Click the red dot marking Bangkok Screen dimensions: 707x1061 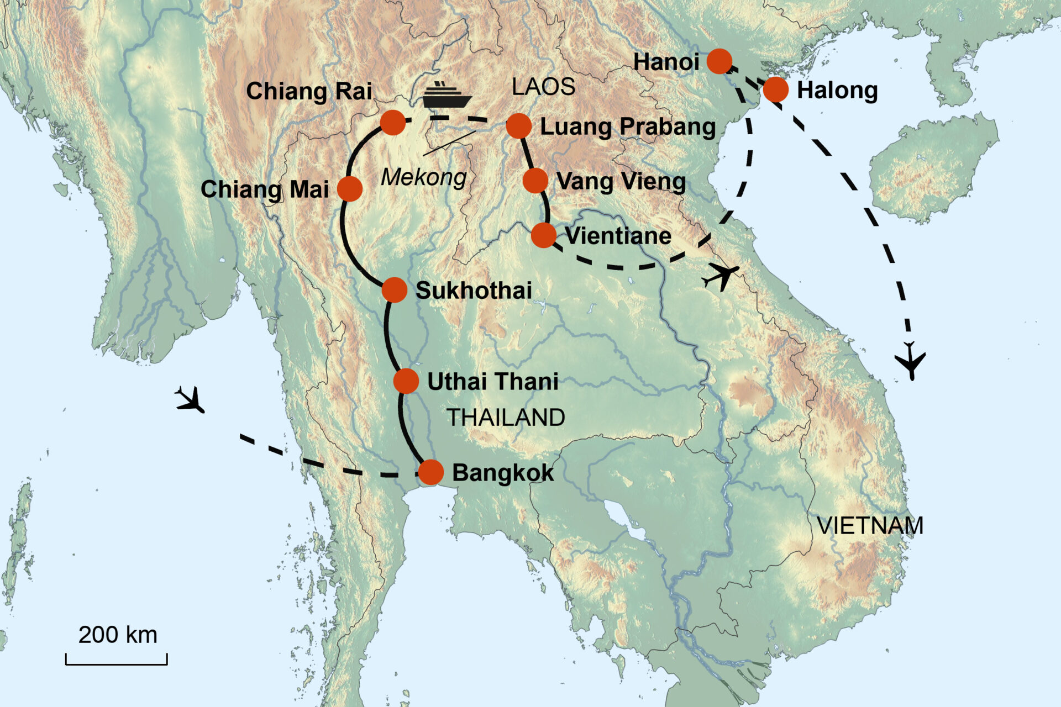coord(430,472)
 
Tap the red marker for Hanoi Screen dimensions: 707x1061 coord(719,61)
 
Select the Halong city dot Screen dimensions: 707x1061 coord(776,89)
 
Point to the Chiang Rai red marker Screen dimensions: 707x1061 coord(393,123)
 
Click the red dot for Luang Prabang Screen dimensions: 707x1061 coord(518,126)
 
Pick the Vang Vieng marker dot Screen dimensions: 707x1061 coord(535,181)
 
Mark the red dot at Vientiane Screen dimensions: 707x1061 coord(543,236)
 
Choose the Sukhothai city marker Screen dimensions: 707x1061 coord(394,290)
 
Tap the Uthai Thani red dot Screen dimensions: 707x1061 coord(406,381)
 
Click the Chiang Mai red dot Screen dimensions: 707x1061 coord(349,189)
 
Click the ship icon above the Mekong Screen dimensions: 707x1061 coord(447,95)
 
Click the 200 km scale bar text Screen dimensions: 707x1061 coord(118,635)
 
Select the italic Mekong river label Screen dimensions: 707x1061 coord(424,177)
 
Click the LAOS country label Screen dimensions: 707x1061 coord(543,87)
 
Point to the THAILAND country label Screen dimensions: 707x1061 coord(506,418)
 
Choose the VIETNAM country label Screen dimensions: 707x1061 coord(870,526)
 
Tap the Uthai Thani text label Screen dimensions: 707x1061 coord(493,382)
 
